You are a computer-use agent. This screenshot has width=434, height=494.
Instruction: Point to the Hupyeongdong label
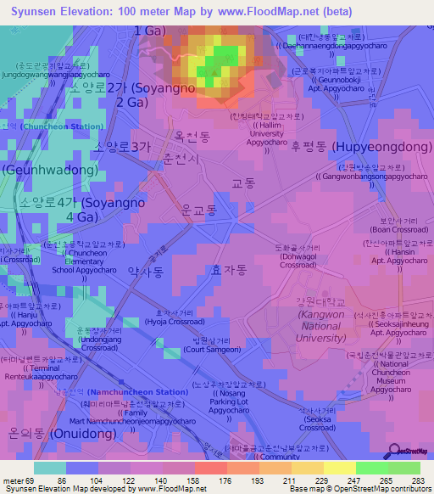pyautogui.click(x=361, y=147)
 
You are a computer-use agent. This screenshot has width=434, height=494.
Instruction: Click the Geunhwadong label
pyautogui.click(x=49, y=170)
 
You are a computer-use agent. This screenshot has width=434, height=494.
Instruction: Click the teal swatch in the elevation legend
pyautogui.click(x=50, y=468)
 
